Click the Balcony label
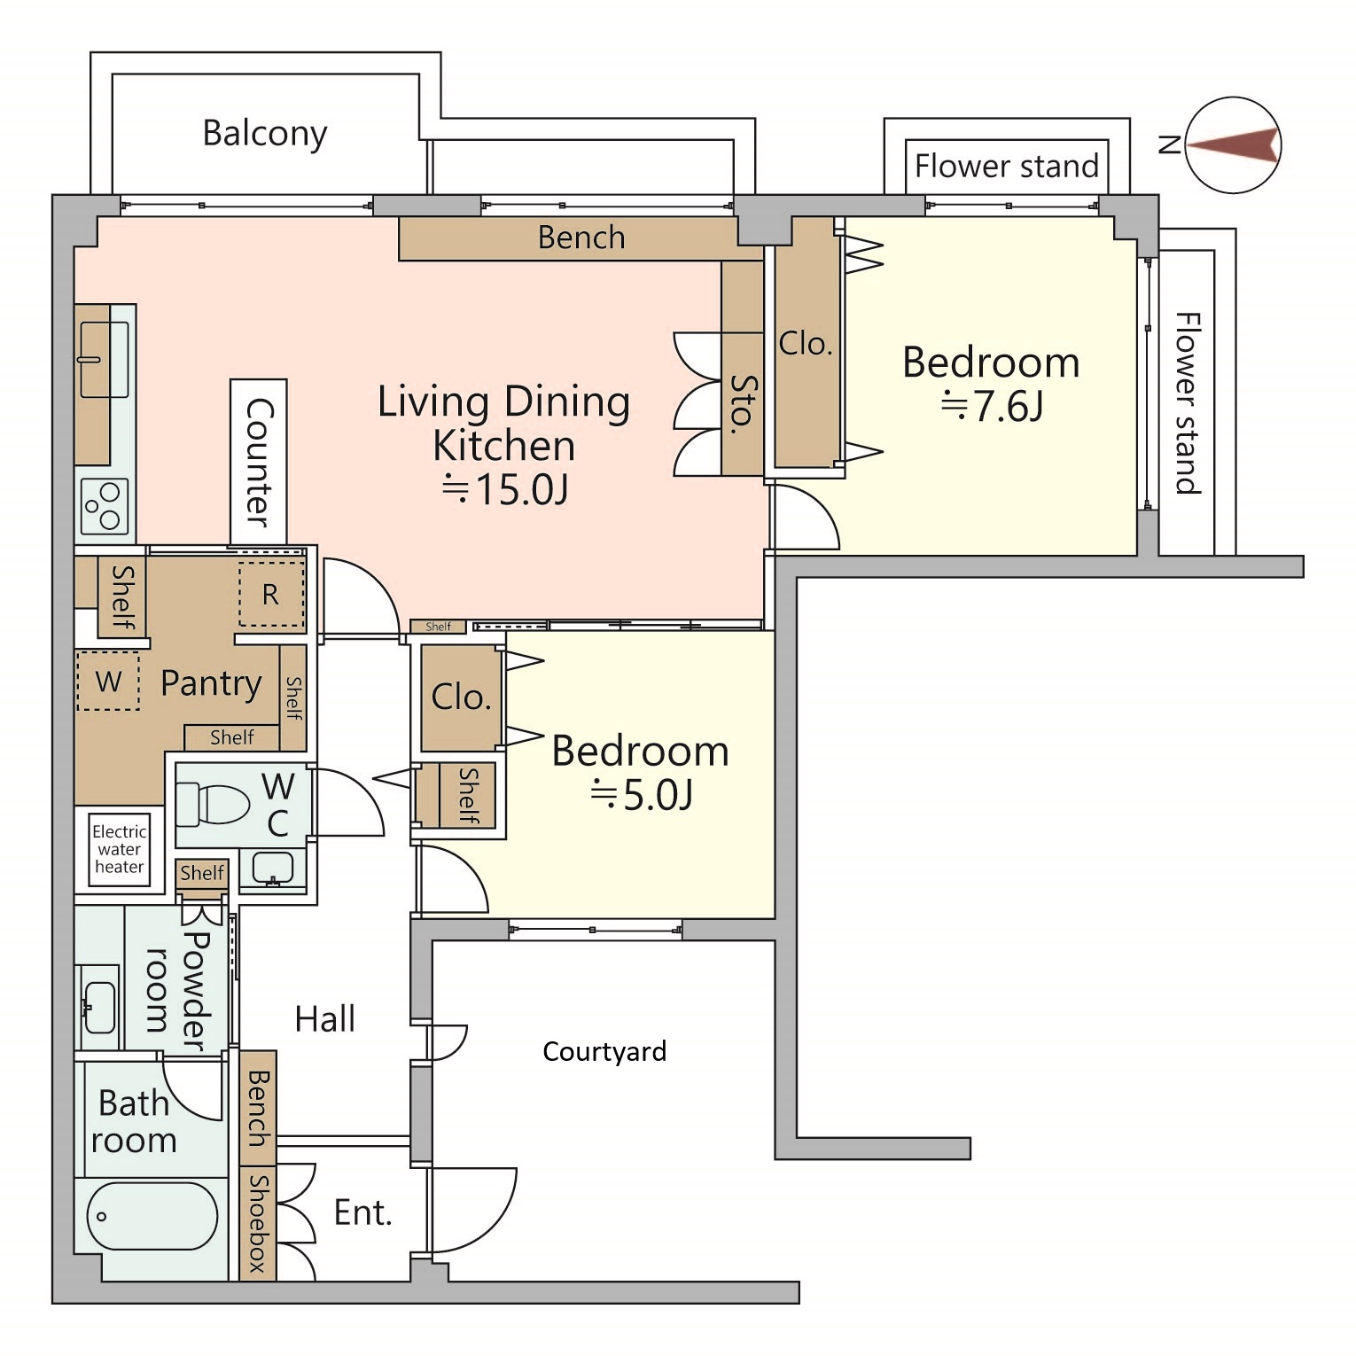coord(265,134)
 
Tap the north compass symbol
coord(1233,144)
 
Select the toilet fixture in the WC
coord(213,805)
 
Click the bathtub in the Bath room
coord(152,1216)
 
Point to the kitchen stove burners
coord(105,507)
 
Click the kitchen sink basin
coord(104,359)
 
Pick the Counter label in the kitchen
coord(258,462)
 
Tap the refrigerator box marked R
coord(271,594)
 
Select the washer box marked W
coord(108,681)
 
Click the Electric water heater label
coord(120,849)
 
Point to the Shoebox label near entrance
coord(257,1223)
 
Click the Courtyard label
coord(604,1052)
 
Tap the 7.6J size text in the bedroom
coord(992,407)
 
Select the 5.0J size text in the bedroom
coord(642,795)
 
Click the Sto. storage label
coord(743,404)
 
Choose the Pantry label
coord(211,683)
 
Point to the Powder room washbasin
coord(98,1009)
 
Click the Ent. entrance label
coord(362,1212)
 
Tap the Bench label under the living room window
coord(581,238)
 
